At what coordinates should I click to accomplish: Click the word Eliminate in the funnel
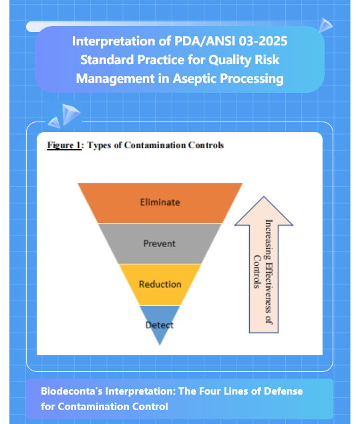(160, 202)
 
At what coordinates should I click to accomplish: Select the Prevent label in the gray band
(160, 244)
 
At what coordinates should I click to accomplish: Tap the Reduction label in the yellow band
(160, 284)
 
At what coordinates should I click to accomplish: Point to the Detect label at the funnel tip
(160, 325)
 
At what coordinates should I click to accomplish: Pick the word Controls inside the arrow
(257, 272)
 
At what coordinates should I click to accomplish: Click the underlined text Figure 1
(64, 145)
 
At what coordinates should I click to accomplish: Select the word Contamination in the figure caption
(155, 145)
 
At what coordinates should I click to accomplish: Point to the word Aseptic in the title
(194, 79)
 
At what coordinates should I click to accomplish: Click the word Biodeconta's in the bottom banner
(71, 391)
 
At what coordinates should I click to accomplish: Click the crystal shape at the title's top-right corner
(325, 25)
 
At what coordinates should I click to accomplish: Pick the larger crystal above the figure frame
(71, 114)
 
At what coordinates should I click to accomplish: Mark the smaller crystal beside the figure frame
(54, 122)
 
